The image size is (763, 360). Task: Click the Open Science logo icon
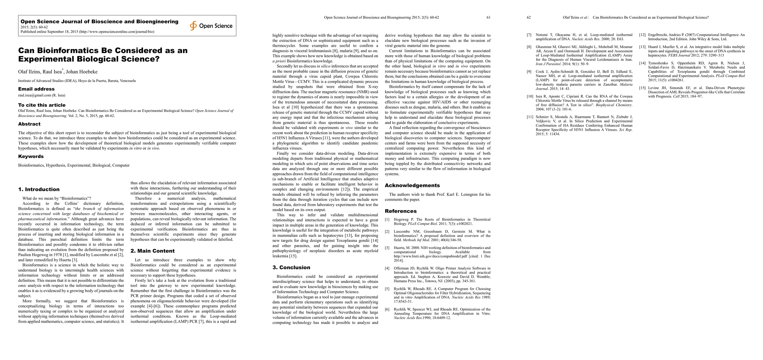[193, 26]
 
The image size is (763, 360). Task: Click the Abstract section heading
[29, 124]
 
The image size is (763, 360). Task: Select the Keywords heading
[31, 156]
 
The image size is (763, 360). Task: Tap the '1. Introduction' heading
[39, 189]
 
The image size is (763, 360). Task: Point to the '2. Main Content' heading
[152, 251]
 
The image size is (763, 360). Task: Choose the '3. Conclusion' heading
[291, 267]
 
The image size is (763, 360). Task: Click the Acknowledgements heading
[412, 185]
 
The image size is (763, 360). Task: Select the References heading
[401, 211]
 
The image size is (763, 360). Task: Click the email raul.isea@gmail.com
[34, 95]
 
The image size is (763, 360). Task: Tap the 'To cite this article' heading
[42, 105]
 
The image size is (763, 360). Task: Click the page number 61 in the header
[488, 17]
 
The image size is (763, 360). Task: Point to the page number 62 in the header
[529, 17]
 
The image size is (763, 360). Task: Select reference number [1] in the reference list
[387, 220]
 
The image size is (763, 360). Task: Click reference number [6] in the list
[387, 309]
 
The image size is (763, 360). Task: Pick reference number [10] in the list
[530, 96]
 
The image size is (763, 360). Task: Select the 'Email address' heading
[36, 89]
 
